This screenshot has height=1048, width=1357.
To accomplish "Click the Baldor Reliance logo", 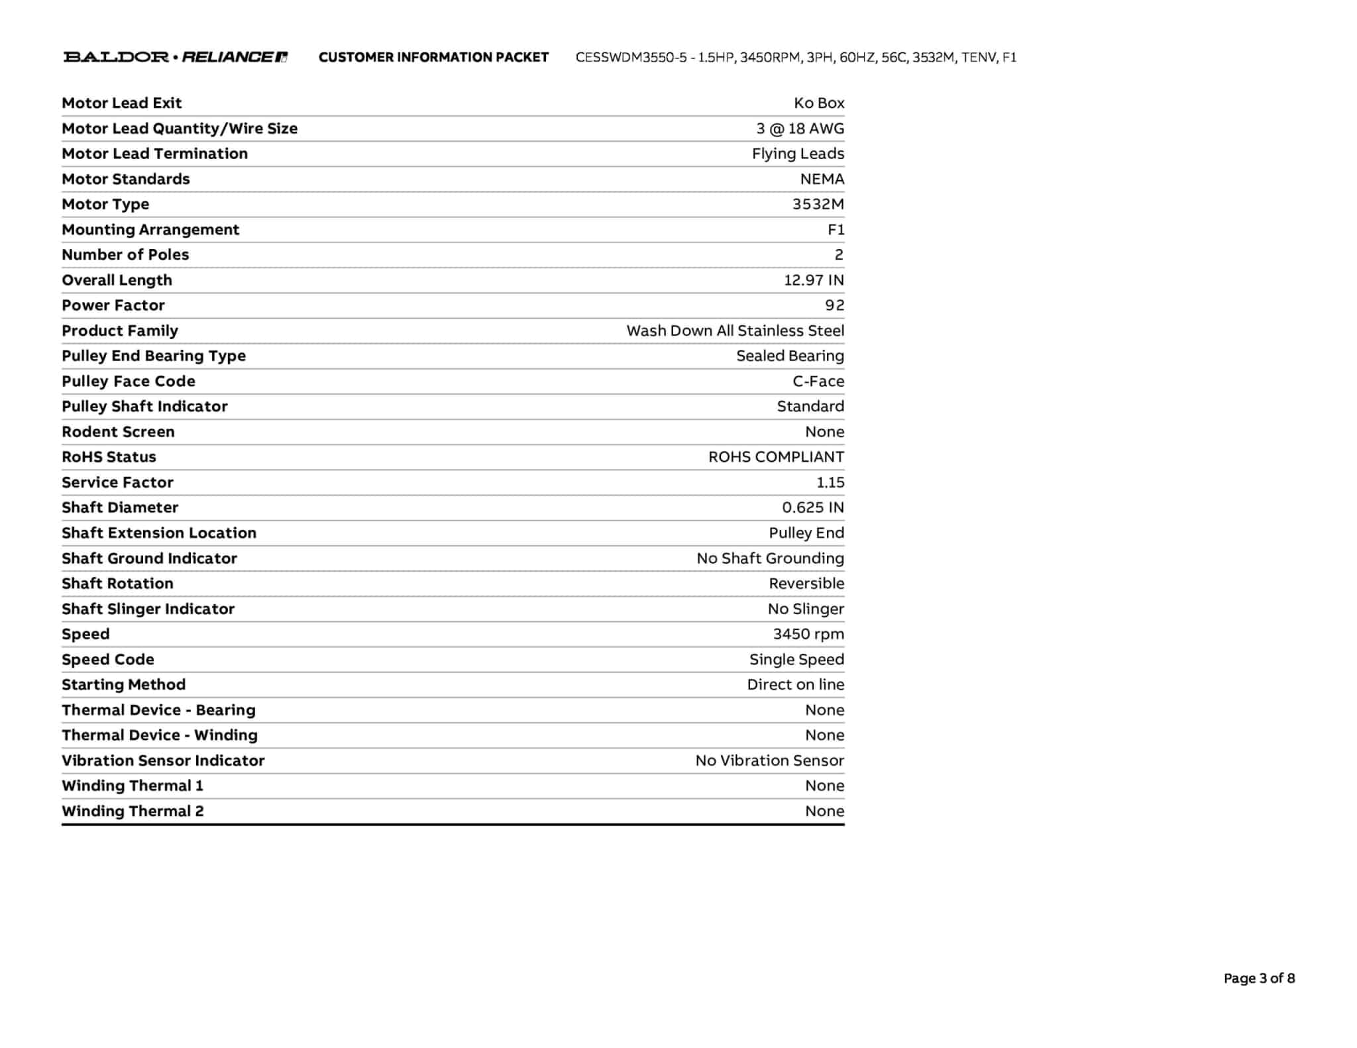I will click(x=175, y=57).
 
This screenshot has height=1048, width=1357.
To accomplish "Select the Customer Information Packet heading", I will click(x=433, y=58).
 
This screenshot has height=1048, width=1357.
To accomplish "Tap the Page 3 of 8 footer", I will click(x=1259, y=978).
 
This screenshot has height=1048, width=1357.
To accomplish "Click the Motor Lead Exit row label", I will click(x=121, y=103).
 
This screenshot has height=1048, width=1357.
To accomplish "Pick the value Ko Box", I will click(x=819, y=103).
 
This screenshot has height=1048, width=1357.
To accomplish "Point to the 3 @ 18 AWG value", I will click(x=800, y=129).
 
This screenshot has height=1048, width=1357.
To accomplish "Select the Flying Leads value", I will click(x=798, y=154).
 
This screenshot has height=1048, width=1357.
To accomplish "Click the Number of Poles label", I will click(x=125, y=255).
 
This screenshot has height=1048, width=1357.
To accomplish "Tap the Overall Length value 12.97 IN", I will click(x=814, y=280).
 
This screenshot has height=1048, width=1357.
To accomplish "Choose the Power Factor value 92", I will click(x=834, y=305).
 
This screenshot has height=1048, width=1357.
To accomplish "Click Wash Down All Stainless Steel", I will click(x=735, y=331).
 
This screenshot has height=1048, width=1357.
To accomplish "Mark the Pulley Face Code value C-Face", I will click(x=818, y=382).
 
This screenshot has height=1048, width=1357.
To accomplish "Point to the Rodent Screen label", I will click(x=118, y=432).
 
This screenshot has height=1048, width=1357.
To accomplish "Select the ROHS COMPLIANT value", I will click(x=776, y=457).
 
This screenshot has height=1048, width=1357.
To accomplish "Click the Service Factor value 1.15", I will click(x=830, y=482).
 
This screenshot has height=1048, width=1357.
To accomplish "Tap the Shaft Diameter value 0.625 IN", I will click(x=813, y=507).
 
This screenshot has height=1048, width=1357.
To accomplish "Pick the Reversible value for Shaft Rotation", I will click(x=806, y=584).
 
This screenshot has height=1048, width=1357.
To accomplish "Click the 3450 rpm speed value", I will click(x=808, y=634).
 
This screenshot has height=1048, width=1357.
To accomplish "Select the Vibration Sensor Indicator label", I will click(x=163, y=760).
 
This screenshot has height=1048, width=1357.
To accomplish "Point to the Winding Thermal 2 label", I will click(x=133, y=812).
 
